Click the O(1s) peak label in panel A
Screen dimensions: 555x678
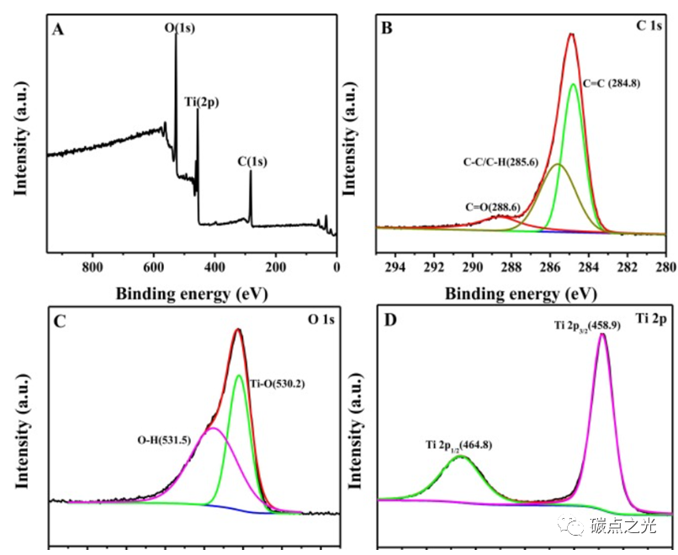(x=179, y=29)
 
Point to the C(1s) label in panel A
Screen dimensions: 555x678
(x=252, y=160)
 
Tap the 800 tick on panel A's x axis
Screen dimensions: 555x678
(x=93, y=267)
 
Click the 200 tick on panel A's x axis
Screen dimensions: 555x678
(x=276, y=267)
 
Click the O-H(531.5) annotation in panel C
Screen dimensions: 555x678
(x=168, y=439)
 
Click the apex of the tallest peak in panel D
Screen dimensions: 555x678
(x=602, y=335)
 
